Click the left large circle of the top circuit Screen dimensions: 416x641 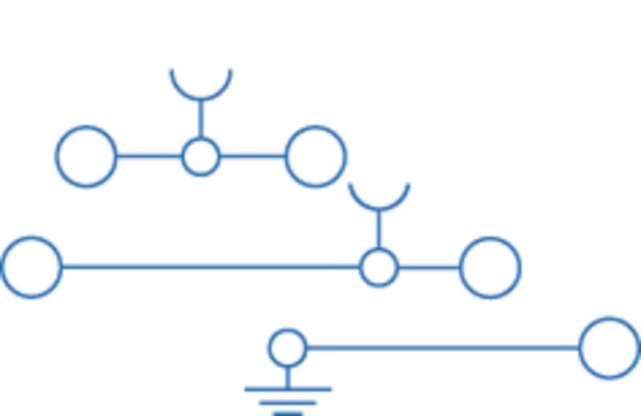86,156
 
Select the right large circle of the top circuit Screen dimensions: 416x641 316,156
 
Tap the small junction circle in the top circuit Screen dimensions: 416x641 200,156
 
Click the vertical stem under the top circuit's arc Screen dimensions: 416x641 200,119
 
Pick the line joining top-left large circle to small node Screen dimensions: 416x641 149,156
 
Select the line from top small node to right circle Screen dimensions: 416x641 252,156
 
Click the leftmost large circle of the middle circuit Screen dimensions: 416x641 31,267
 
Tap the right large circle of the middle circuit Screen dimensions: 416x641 490,267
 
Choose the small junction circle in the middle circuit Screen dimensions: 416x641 378,267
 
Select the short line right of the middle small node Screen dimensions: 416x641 429,267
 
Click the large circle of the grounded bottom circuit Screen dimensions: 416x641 610,348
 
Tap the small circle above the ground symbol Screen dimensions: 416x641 287,348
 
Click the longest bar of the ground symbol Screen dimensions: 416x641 288,390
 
